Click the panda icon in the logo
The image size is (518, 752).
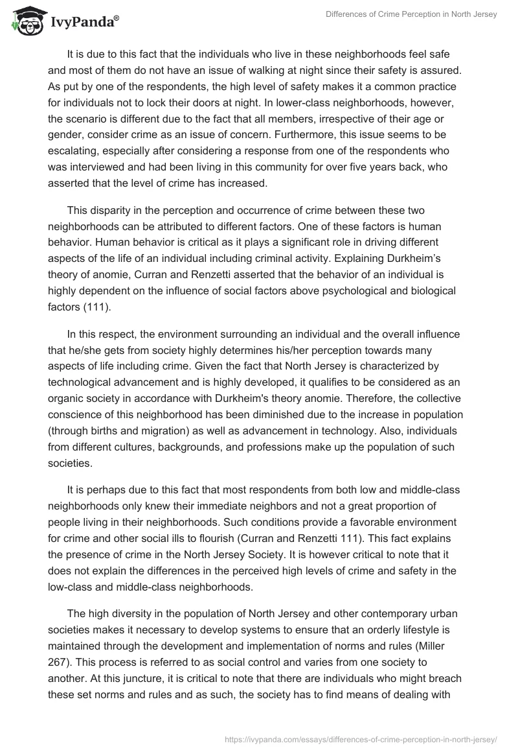pos(24,21)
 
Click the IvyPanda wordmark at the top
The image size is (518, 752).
pos(84,22)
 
